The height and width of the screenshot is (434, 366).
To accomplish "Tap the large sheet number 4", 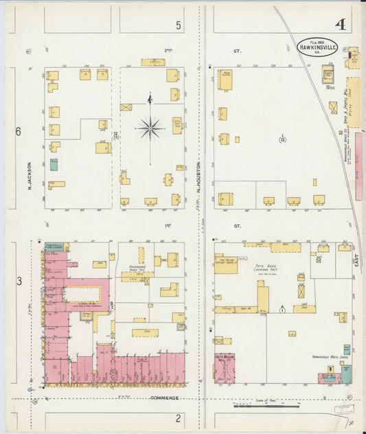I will coord(341,25).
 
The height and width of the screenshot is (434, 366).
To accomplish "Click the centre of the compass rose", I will coord(150,127).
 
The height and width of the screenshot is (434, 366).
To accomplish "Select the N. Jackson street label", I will coord(30,176).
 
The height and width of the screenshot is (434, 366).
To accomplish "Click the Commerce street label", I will coord(164,398).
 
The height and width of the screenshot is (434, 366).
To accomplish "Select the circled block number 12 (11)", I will coord(117,135).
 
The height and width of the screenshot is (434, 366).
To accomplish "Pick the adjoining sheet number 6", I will coord(19,131).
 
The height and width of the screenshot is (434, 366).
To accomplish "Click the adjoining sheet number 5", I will coord(179,25).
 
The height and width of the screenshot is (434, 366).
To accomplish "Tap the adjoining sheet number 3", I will coord(19,280).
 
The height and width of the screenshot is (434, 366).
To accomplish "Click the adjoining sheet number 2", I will coord(178,418).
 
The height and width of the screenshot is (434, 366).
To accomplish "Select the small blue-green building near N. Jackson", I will coord(54,164).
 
